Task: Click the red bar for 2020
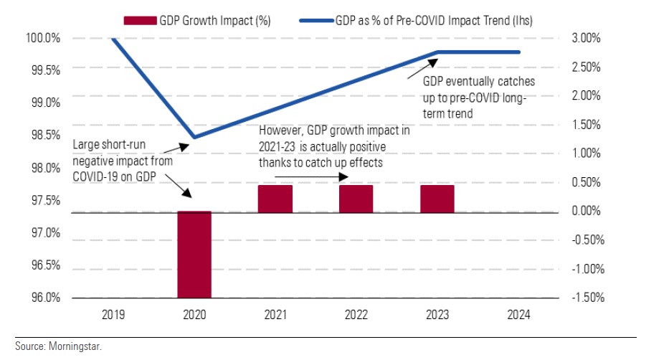[194, 255]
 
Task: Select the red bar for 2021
[275, 199]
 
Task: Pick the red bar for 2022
[356, 199]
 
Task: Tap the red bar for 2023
[437, 199]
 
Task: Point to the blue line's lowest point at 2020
[194, 137]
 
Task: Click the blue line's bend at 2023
[438, 52]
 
